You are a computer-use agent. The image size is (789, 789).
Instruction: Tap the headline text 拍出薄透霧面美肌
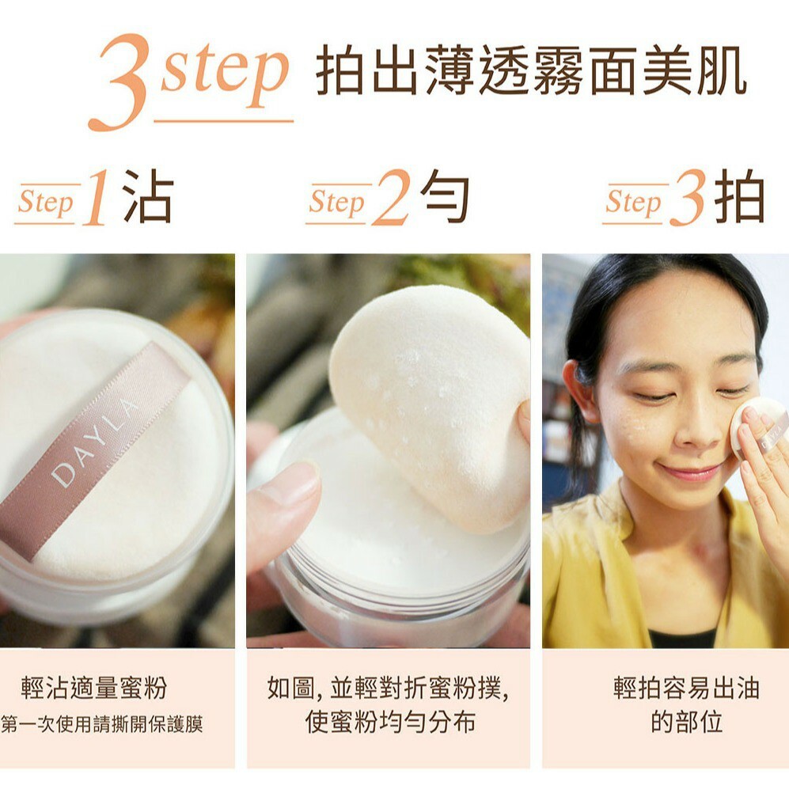531,70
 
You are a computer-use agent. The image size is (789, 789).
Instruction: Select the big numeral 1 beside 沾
97,198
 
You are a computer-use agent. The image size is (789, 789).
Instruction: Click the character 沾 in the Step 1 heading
149,195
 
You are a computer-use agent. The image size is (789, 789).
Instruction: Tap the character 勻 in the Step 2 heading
445,195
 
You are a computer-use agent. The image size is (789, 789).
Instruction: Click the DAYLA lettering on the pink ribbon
95,442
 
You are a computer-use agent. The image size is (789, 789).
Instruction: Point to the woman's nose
694,425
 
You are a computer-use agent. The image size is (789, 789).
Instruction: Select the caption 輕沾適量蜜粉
94,688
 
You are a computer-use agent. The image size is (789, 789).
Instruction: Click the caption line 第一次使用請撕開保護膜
101,724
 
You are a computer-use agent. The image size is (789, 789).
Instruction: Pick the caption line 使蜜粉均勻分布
390,722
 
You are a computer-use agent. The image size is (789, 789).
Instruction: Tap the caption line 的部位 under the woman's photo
687,722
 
